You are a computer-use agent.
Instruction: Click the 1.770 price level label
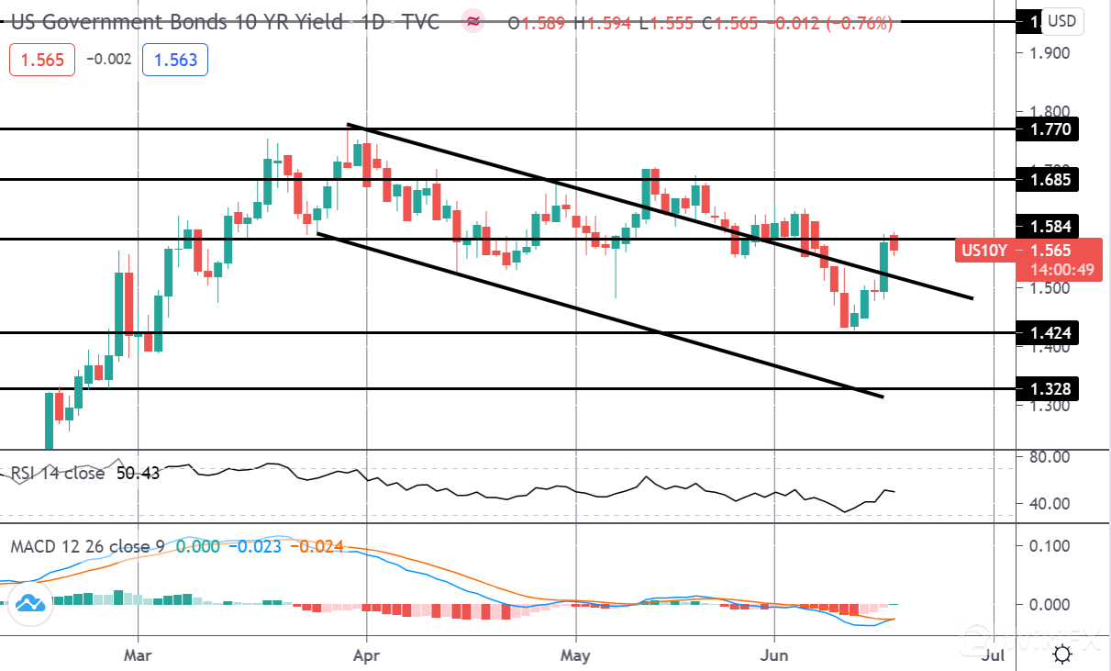point(1049,129)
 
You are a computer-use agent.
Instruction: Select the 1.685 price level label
point(1049,179)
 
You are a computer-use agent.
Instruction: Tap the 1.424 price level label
point(1049,332)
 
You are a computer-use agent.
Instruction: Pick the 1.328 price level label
point(1049,389)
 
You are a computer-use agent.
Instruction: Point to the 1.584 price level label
point(1049,226)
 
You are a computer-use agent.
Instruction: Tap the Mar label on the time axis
point(138,655)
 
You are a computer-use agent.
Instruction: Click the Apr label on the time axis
point(366,655)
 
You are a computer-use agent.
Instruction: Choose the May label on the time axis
point(575,655)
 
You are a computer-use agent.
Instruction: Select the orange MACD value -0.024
point(317,546)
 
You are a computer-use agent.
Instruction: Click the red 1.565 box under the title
point(41,61)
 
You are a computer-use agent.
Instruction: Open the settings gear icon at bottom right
point(1062,654)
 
